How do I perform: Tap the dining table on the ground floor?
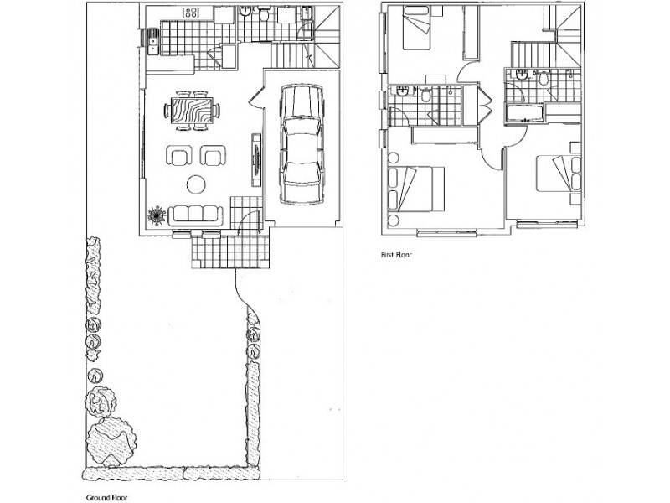pyautogui.click(x=193, y=110)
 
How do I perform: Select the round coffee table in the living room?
pyautogui.click(x=197, y=183)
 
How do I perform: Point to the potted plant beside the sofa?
pyautogui.click(x=157, y=215)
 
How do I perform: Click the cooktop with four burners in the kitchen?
pyautogui.click(x=192, y=14)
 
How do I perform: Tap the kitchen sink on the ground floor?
pyautogui.click(x=154, y=39)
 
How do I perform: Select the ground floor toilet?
pyautogui.click(x=263, y=14)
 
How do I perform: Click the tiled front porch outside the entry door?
pyautogui.click(x=228, y=249)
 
